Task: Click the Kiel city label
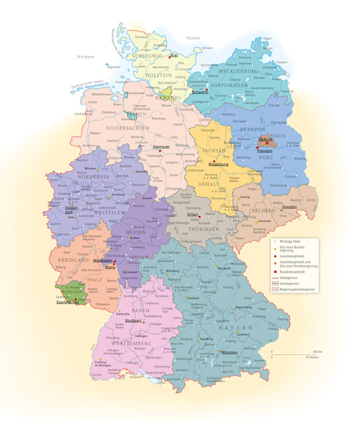pyautogui.click(x=175, y=55)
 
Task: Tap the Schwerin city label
pyautogui.click(x=199, y=92)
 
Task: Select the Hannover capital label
pyautogui.click(x=161, y=146)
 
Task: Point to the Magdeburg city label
pyautogui.click(x=218, y=164)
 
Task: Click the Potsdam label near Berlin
pyautogui.click(x=264, y=151)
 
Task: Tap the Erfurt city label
pyautogui.click(x=193, y=214)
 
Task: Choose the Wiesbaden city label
pyautogui.click(x=102, y=260)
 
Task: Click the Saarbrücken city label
pyautogui.click(x=67, y=302)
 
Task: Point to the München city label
pyautogui.click(x=229, y=352)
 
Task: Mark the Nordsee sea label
pyautogui.click(x=85, y=56)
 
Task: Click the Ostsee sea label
pyautogui.click(x=192, y=38)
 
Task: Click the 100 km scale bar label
pyautogui.click(x=317, y=351)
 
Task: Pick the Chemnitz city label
pyautogui.click(x=264, y=221)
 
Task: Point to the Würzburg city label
pyautogui.click(x=172, y=270)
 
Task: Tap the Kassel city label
pyautogui.click(x=147, y=198)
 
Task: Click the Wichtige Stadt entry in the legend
pyautogui.click(x=290, y=241)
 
